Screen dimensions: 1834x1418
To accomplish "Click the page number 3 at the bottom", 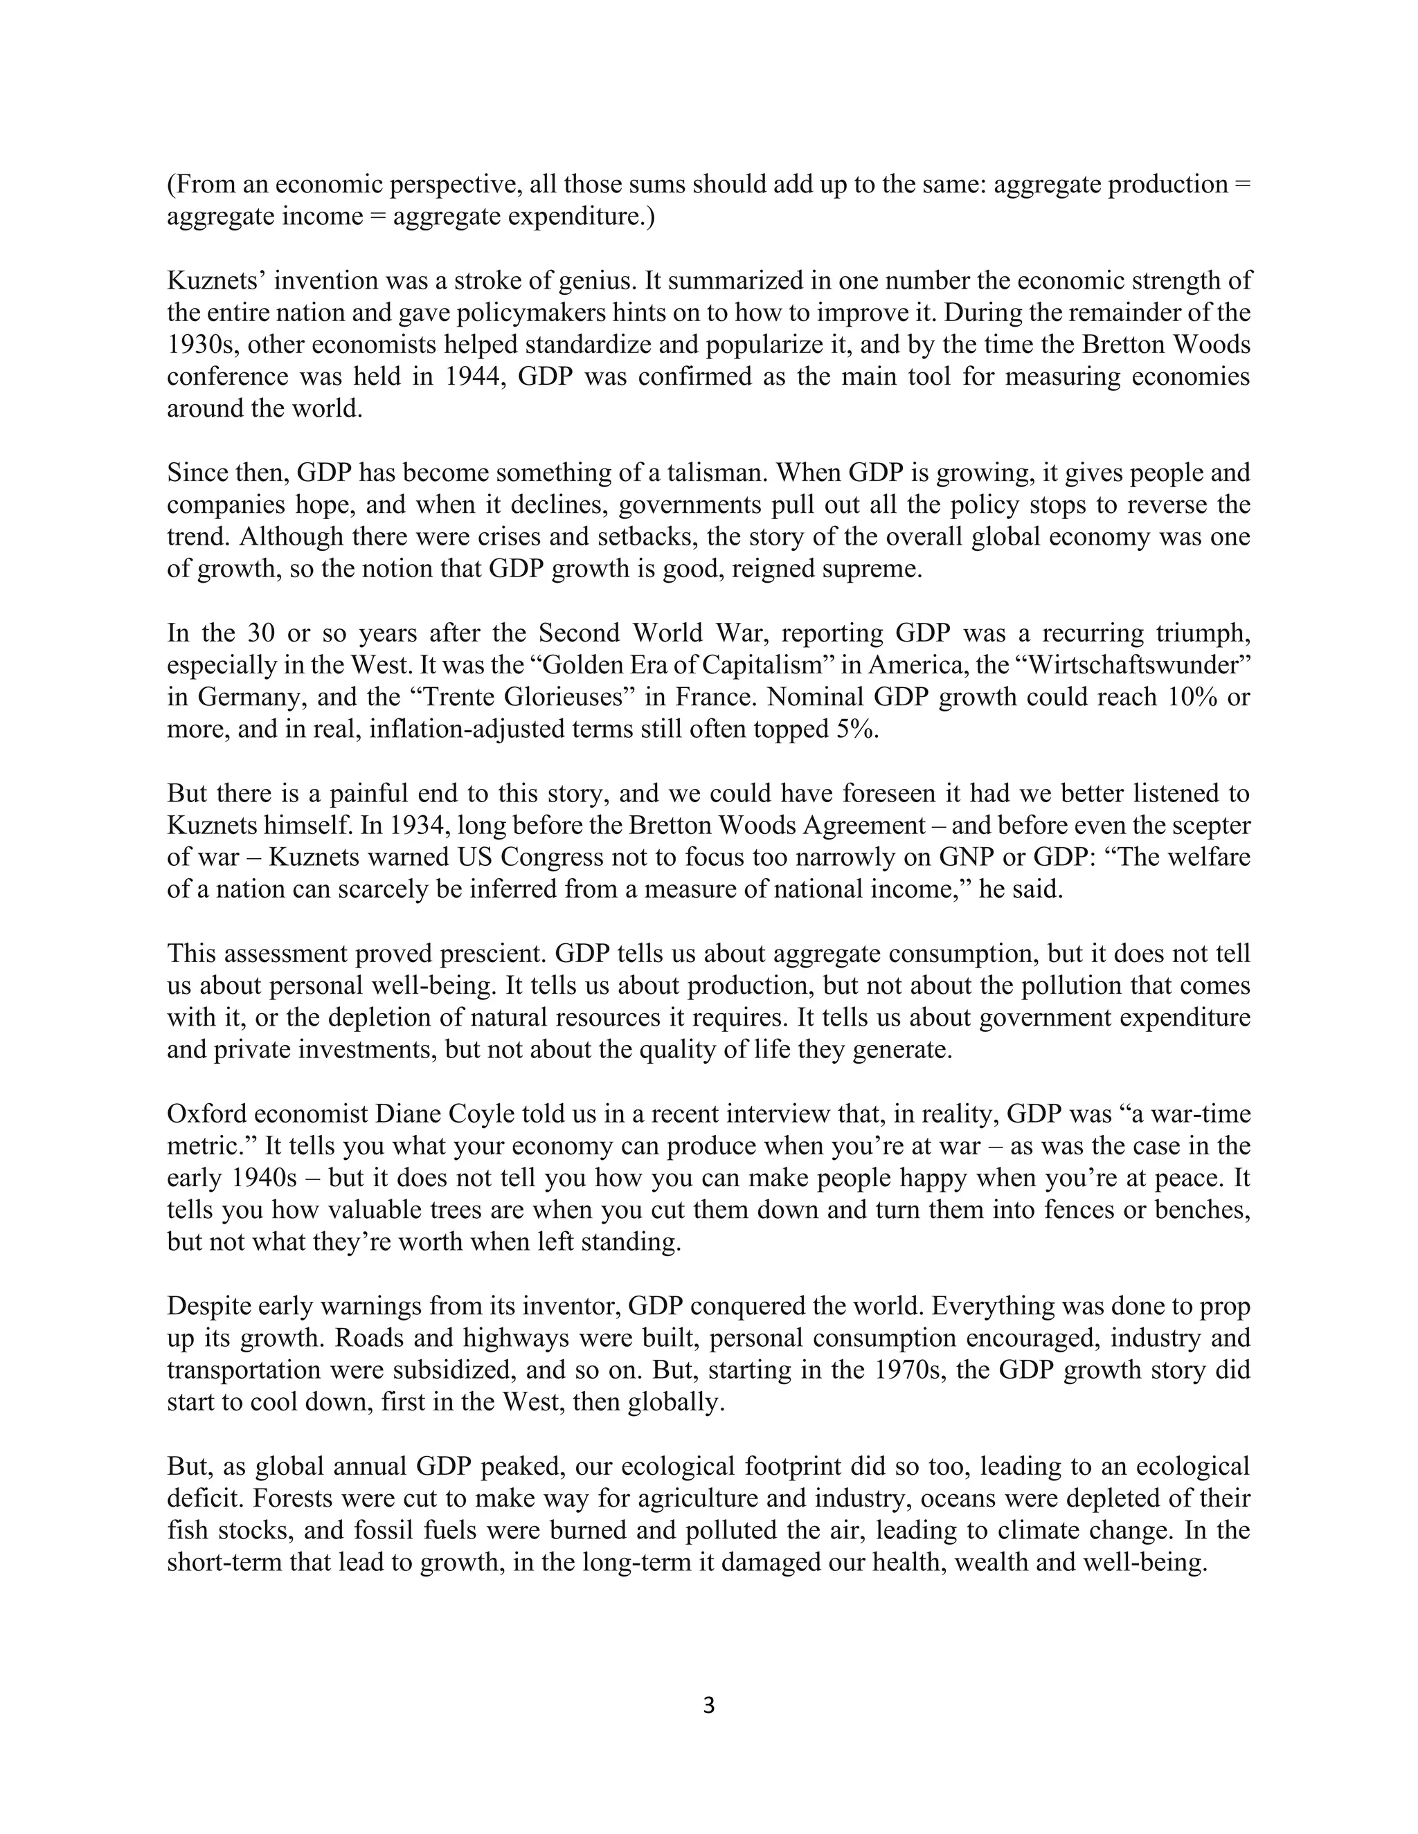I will (x=708, y=1705).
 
